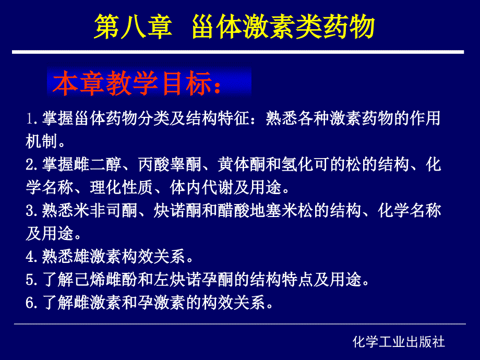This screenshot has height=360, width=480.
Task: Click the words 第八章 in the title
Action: point(133,27)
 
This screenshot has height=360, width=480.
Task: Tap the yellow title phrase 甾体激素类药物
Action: point(283,27)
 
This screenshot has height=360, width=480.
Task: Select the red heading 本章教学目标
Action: point(133,82)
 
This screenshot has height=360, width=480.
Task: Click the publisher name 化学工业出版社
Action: point(399,342)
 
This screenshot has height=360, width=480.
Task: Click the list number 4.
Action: point(31,256)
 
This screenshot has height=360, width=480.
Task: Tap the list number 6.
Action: point(31,303)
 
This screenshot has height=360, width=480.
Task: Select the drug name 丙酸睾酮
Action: point(170,164)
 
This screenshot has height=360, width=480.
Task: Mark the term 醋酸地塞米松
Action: point(265,211)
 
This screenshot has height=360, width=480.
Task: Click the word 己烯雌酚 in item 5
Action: point(105,280)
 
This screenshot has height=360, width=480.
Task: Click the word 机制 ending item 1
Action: point(42,141)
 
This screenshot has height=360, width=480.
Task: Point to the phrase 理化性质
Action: point(122,187)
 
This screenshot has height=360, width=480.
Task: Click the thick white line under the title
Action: point(238,52)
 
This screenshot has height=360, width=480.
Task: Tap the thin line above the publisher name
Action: point(240,323)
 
